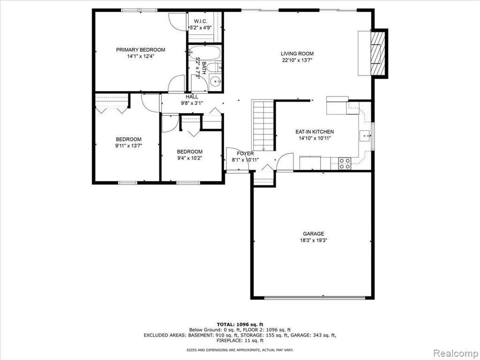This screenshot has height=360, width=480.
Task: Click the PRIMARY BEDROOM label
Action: (x=141, y=50)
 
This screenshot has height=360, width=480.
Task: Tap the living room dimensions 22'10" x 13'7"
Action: (x=297, y=60)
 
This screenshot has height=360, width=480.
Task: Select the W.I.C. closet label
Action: (x=201, y=21)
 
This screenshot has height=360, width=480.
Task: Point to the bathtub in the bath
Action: (x=204, y=52)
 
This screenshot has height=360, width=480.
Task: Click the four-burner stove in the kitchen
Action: (x=345, y=164)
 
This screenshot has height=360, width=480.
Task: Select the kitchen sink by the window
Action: (x=365, y=135)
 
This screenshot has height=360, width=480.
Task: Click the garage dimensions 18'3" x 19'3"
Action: (x=314, y=240)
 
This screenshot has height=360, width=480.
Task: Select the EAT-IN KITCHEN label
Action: (x=315, y=132)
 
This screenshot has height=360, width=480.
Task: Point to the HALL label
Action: (x=192, y=97)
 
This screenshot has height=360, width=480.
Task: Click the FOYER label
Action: (x=245, y=153)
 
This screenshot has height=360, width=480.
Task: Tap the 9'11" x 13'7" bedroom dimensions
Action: (x=128, y=146)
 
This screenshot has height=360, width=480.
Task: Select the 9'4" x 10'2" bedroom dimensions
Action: (x=189, y=158)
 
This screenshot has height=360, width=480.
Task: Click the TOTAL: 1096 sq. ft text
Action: (x=240, y=324)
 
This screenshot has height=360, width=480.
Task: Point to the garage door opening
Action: (x=315, y=298)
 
